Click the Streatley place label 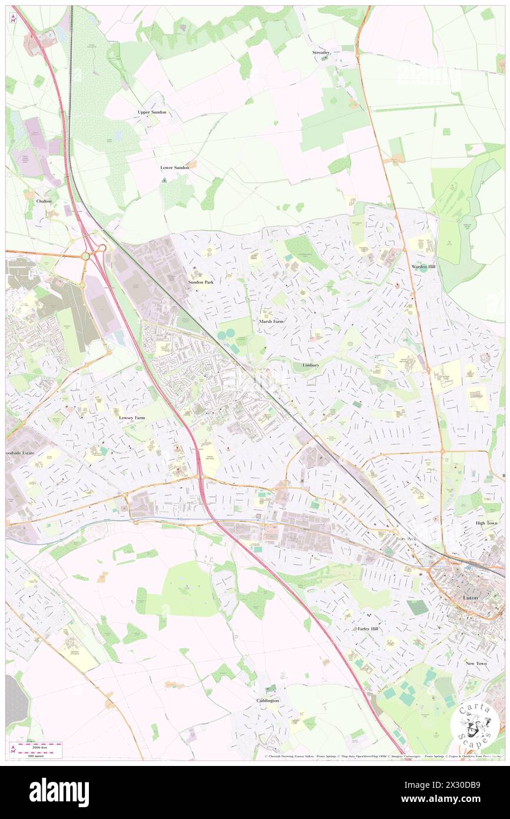(x=321, y=52)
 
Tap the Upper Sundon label (x=152, y=112)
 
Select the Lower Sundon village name (x=175, y=167)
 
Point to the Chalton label (x=44, y=201)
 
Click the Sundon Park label (x=200, y=282)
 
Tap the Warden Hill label (x=423, y=267)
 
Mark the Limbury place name (x=310, y=365)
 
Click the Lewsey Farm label (x=131, y=417)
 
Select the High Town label (x=487, y=523)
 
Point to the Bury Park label (x=406, y=539)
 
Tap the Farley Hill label (x=368, y=629)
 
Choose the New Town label (x=476, y=663)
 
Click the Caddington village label (x=267, y=701)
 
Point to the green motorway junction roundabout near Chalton (x=86, y=256)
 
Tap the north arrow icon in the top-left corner (x=13, y=18)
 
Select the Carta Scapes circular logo (x=475, y=724)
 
